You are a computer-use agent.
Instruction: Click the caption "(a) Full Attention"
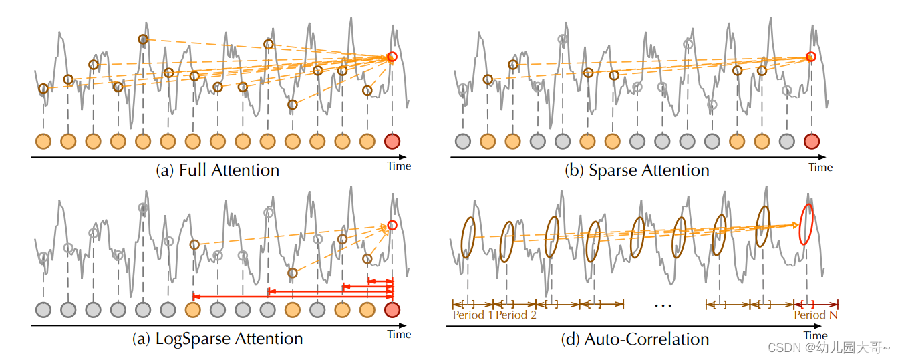(217, 170)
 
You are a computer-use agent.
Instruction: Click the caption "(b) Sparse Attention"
(637, 170)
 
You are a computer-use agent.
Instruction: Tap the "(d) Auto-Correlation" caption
(635, 339)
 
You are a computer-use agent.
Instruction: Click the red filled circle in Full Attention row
(392, 141)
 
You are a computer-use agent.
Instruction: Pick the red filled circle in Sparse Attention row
(811, 141)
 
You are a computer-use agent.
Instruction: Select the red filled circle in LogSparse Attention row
(392, 309)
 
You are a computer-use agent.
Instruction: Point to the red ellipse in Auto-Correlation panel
(807, 224)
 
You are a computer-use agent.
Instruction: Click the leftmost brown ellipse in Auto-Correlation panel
(468, 237)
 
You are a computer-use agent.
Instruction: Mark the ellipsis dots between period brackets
(663, 305)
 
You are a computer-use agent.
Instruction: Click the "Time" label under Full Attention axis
(399, 166)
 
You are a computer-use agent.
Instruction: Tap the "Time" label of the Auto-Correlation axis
(815, 335)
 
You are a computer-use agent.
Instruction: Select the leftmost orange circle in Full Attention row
(43, 141)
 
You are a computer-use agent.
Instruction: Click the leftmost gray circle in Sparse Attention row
(462, 141)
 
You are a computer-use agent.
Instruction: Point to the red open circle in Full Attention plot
(392, 57)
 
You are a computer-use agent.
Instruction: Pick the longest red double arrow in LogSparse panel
(293, 295)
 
